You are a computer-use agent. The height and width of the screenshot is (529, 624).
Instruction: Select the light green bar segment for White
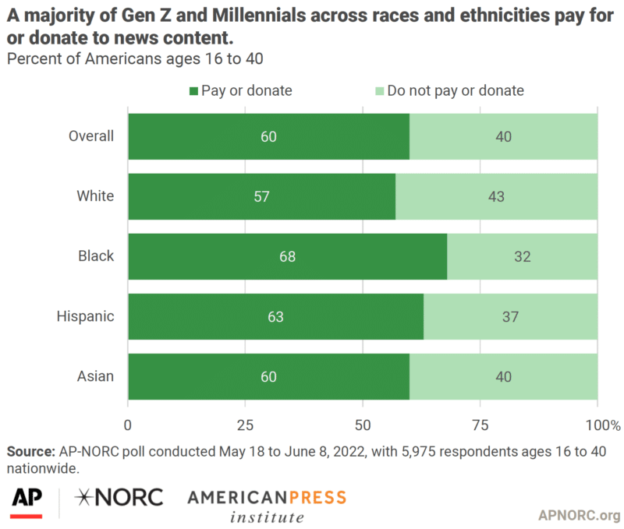pos(496,196)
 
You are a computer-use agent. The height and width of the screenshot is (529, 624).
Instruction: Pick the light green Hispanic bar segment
pos(510,316)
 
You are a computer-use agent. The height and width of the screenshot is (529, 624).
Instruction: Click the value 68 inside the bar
pos(287,256)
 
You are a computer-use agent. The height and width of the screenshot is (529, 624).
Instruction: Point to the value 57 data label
pos(261,196)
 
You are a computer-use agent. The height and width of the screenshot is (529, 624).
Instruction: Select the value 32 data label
pos(522,256)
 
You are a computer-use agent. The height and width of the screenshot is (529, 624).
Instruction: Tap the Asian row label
pos(95,376)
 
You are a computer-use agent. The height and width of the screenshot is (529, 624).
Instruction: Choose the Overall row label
pos(91,136)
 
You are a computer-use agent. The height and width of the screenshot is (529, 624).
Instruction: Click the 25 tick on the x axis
pos(245,425)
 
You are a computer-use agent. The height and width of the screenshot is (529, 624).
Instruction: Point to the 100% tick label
pos(604,425)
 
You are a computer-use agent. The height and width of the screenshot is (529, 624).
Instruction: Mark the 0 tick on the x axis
pos(128,425)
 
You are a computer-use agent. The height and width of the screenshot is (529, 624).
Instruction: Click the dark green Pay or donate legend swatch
pos(193,91)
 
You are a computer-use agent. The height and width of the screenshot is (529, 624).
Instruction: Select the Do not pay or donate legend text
pos(456,90)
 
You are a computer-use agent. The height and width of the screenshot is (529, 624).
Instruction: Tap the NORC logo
pos(119,497)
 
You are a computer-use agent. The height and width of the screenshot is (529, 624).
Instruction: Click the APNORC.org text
pos(579,515)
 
